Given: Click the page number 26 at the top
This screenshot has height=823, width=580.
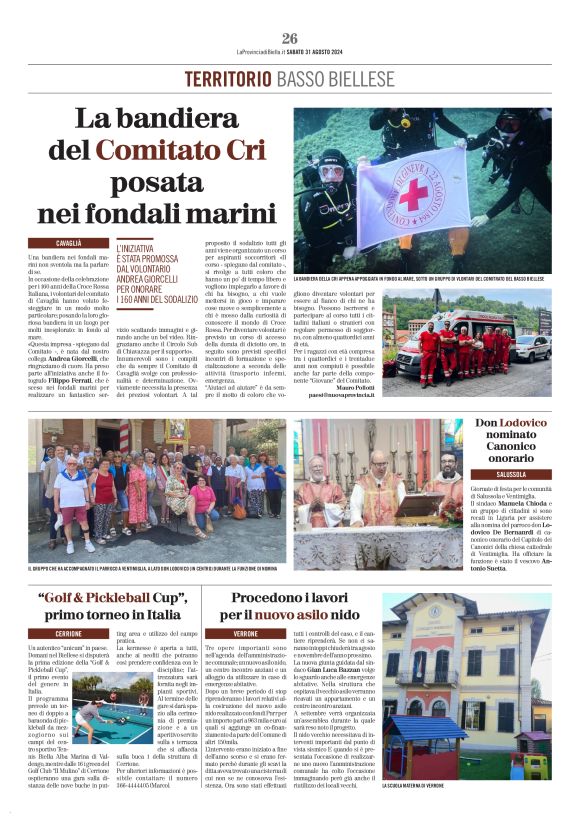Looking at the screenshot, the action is pos(289,37).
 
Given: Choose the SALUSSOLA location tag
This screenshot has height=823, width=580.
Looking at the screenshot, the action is pos(510,475).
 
